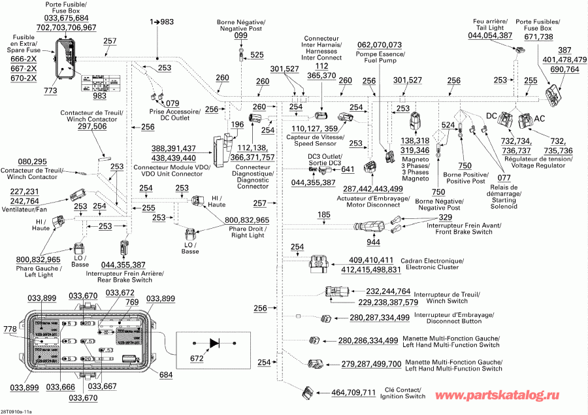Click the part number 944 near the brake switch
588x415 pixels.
373,242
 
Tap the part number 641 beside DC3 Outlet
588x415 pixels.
348,170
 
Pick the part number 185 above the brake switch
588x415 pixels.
324,215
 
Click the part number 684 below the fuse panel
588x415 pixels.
166,374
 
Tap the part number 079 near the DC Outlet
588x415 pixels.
172,103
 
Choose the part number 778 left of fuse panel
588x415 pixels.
9,328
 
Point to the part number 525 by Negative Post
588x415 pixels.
257,54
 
